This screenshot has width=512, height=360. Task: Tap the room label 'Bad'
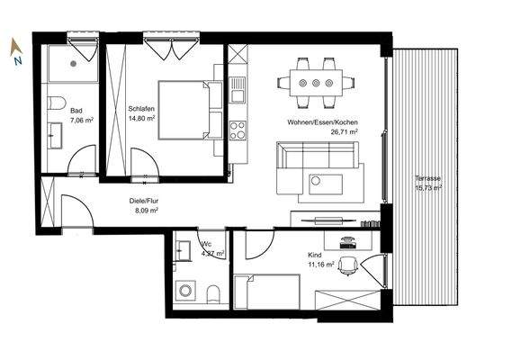pos(76,111)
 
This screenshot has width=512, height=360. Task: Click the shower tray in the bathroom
pos(71,63)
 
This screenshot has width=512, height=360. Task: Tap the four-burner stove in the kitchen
pos(238,130)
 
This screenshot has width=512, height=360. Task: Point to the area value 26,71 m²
pos(343,131)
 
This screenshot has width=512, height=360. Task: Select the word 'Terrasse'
pos(427,178)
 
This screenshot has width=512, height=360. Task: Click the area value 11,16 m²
pos(322,265)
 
